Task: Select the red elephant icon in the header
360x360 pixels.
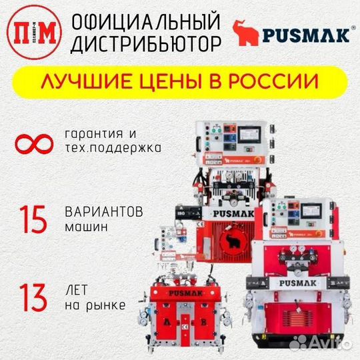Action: click(246, 33)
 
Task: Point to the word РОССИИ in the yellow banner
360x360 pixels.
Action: click(275, 83)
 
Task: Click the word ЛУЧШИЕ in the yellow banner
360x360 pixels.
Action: click(79, 83)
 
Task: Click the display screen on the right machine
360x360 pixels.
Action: click(325, 210)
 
